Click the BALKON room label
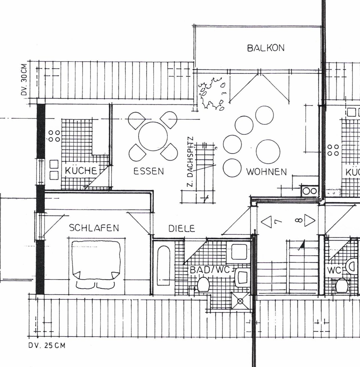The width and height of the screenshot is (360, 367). pyautogui.click(x=265, y=48)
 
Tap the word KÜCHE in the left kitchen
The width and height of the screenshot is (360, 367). pyautogui.click(x=81, y=171)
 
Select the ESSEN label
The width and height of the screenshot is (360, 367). pyautogui.click(x=148, y=171)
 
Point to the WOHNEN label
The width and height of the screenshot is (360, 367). pyautogui.click(x=266, y=172)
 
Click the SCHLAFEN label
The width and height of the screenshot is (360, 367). pyautogui.click(x=94, y=228)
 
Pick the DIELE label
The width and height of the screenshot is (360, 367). pyautogui.click(x=182, y=228)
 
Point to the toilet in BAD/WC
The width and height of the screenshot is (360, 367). pyautogui.click(x=203, y=284)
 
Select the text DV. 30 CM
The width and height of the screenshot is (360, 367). pyautogui.click(x=24, y=80)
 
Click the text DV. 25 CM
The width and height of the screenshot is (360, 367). pyautogui.click(x=47, y=345)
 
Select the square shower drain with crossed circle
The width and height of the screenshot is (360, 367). pyautogui.click(x=240, y=301)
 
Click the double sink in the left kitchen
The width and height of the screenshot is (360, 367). pyautogui.click(x=54, y=170)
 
